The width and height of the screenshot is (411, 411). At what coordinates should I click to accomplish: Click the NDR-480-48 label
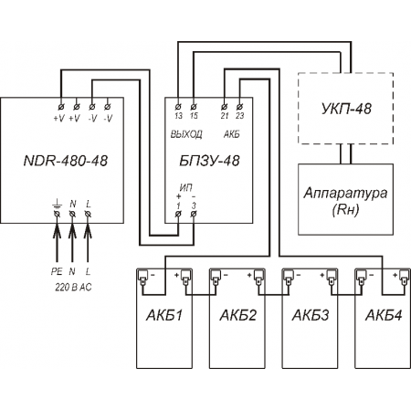66,161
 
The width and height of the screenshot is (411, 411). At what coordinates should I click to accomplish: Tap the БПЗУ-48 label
209,161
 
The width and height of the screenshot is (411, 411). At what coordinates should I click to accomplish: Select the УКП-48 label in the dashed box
346,109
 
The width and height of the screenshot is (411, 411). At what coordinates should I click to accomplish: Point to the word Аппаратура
345,194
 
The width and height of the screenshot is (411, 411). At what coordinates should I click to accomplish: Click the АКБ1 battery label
164,315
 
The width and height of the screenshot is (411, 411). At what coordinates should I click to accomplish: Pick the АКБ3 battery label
311,315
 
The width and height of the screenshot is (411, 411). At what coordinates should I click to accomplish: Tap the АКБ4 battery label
384,315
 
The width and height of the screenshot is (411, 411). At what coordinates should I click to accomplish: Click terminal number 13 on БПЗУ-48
178,116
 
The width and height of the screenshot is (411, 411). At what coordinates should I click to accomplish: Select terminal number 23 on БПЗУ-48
240,116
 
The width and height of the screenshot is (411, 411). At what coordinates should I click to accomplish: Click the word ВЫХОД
186,134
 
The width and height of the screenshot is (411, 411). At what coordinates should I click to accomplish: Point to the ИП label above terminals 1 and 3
186,188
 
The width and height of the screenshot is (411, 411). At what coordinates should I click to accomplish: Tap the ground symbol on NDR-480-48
57,204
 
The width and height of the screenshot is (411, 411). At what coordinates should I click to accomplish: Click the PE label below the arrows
57,271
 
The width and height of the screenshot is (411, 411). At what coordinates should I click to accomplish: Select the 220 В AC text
73,287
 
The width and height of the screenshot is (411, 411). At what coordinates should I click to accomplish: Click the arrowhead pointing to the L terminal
88,231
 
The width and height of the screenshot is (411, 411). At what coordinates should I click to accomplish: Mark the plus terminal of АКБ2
258,276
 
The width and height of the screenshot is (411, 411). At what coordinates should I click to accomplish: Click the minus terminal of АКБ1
142,276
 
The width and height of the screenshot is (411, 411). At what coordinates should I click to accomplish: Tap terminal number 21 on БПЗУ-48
225,116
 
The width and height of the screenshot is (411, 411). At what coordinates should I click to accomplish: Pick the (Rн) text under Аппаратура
345,210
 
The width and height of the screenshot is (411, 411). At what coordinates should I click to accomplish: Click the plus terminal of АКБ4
404,276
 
